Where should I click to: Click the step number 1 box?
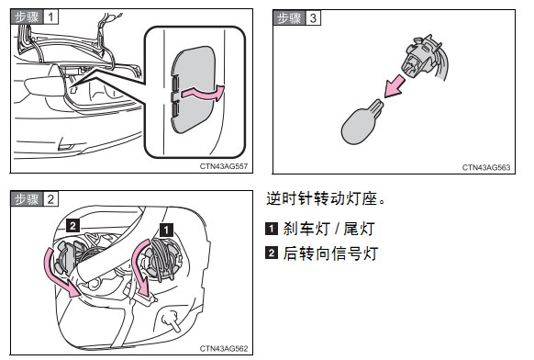[x=50, y=17]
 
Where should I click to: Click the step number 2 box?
[x=50, y=199]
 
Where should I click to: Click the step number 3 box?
[x=313, y=17]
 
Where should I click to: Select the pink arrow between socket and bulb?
[x=395, y=87]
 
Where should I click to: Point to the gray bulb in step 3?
[x=361, y=122]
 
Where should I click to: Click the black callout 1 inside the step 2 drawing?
[x=166, y=230]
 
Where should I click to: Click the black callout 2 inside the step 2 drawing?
[x=72, y=225]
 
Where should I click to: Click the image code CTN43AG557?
[x=223, y=166]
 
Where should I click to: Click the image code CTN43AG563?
[x=486, y=167]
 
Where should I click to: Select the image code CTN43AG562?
[x=223, y=348]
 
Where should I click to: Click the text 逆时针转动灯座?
[x=322, y=198]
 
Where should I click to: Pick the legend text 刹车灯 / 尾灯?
[x=328, y=229]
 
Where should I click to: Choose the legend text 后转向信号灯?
[x=330, y=253]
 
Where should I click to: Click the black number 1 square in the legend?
[x=272, y=229]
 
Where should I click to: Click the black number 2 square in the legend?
[x=272, y=253]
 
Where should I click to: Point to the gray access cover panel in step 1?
[x=193, y=89]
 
